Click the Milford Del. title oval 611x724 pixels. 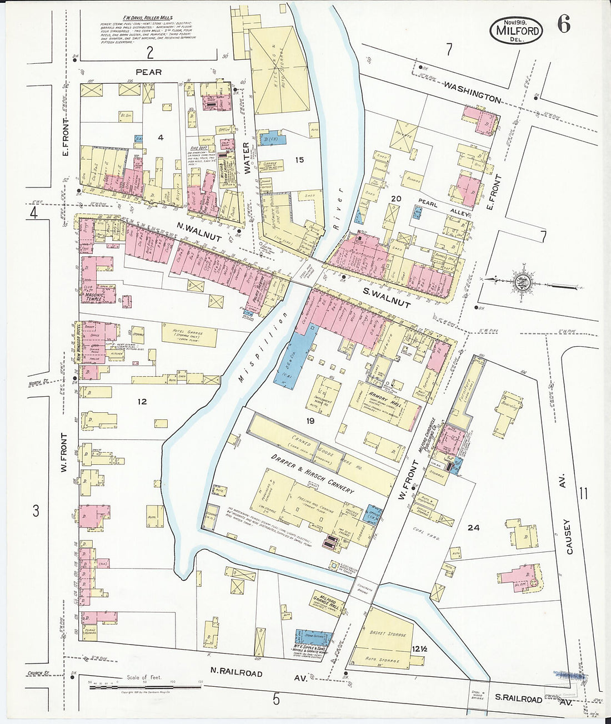click(517, 30)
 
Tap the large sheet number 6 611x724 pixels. click(564, 25)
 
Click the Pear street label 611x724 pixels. click(149, 72)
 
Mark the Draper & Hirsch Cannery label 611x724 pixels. click(312, 474)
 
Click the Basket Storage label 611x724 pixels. click(388, 634)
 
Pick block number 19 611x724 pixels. click(310, 422)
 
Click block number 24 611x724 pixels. click(473, 528)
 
